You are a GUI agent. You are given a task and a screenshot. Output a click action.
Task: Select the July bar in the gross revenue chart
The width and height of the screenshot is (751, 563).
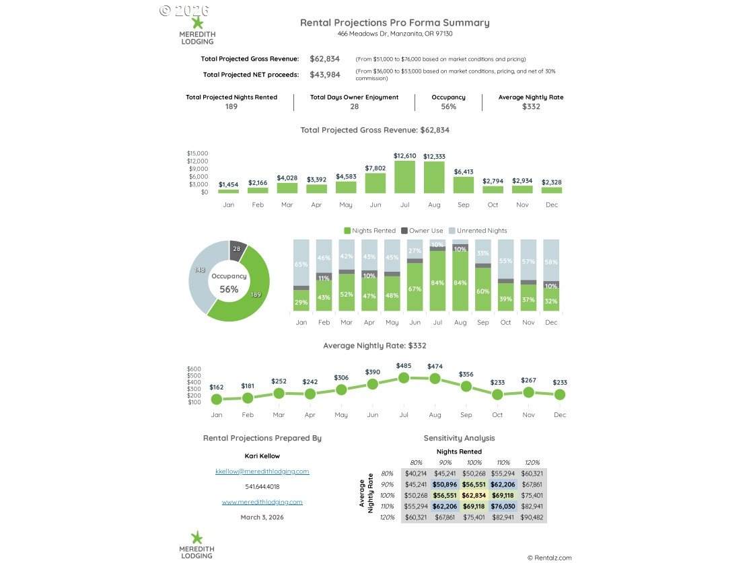click(x=404, y=177)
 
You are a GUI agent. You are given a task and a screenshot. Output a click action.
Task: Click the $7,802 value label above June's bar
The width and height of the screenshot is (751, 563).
click(x=375, y=168)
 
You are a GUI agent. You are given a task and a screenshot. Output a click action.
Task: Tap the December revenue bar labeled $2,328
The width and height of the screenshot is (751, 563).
click(x=551, y=190)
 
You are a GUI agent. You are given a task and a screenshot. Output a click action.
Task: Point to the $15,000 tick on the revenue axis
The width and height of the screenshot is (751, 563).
click(x=197, y=153)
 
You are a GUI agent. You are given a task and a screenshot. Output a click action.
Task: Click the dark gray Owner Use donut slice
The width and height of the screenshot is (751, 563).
click(x=236, y=250)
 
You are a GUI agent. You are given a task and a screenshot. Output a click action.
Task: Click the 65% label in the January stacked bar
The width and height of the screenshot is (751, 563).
click(x=301, y=264)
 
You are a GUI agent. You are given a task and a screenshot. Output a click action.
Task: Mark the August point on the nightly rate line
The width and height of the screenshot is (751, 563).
click(x=435, y=379)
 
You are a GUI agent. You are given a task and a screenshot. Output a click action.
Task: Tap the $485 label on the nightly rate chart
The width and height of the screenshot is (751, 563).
click(x=404, y=366)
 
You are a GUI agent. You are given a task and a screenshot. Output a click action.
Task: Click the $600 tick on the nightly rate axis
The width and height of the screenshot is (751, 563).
click(x=194, y=369)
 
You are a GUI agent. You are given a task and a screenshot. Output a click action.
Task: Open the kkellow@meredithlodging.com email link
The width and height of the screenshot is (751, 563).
click(x=262, y=472)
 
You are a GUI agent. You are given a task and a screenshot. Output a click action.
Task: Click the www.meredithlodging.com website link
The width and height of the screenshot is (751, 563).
click(x=262, y=502)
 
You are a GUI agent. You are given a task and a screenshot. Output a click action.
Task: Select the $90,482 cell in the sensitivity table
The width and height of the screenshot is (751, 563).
click(x=532, y=517)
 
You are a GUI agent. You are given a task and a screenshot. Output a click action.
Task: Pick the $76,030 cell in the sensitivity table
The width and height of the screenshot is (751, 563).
click(x=503, y=506)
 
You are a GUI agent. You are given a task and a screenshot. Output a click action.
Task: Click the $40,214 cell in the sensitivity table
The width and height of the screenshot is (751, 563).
click(x=415, y=474)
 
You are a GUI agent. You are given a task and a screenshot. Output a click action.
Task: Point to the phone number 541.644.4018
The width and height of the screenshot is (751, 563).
click(x=262, y=486)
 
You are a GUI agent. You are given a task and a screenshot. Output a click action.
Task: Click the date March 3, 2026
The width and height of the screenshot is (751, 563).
click(x=262, y=517)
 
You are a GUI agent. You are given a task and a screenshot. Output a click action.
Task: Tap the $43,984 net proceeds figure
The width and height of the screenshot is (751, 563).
click(x=324, y=75)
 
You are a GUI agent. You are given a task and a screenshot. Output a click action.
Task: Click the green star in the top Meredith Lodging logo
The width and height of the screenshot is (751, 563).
click(x=197, y=23)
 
